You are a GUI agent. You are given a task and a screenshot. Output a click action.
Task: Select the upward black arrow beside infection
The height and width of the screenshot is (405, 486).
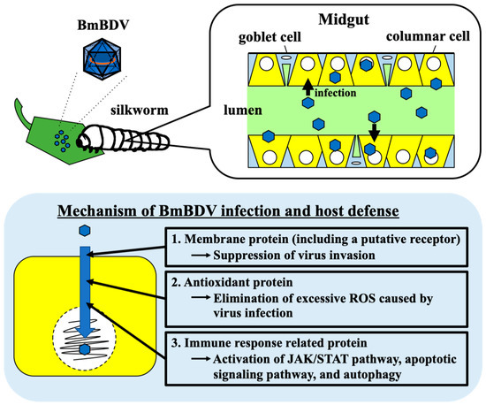pos(306,86)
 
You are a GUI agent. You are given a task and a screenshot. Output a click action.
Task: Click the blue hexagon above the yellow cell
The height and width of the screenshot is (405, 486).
pos(84,230)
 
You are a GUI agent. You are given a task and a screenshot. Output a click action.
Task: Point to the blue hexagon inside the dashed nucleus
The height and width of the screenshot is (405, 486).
pos(84,349)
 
